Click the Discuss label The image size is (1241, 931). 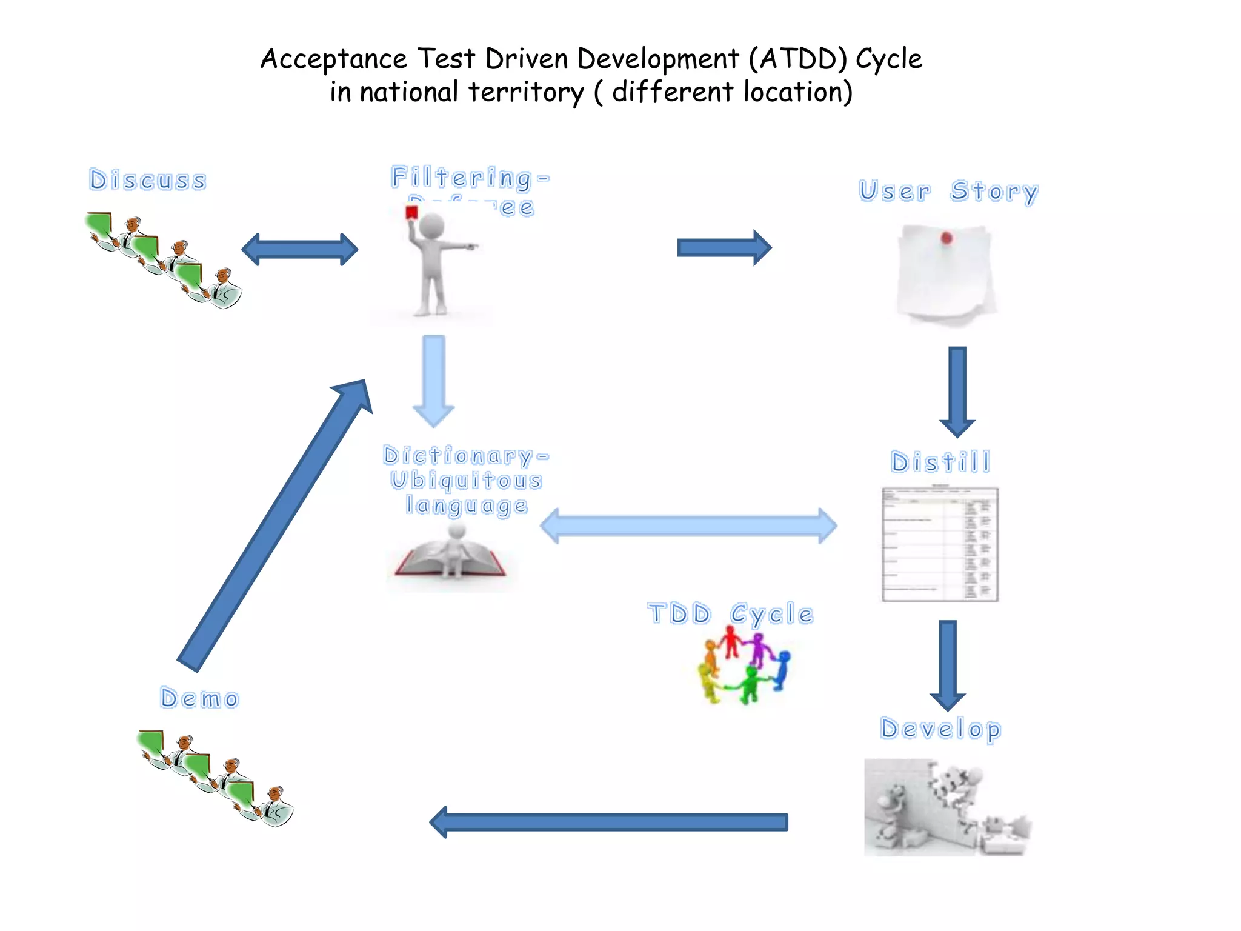[148, 181]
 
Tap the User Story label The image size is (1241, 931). [948, 192]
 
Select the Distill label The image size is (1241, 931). [940, 462]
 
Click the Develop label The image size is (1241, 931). [940, 729]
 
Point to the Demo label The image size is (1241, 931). [200, 698]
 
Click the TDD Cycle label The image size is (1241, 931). [730, 614]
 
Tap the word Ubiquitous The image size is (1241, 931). [466, 480]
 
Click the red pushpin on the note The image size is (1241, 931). [947, 238]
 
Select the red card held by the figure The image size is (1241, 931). [412, 212]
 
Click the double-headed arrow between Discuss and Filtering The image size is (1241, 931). [300, 249]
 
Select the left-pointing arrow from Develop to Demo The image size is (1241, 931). [608, 822]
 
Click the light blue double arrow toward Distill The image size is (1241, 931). [688, 526]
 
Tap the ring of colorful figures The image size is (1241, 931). [745, 666]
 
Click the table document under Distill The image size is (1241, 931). [940, 544]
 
